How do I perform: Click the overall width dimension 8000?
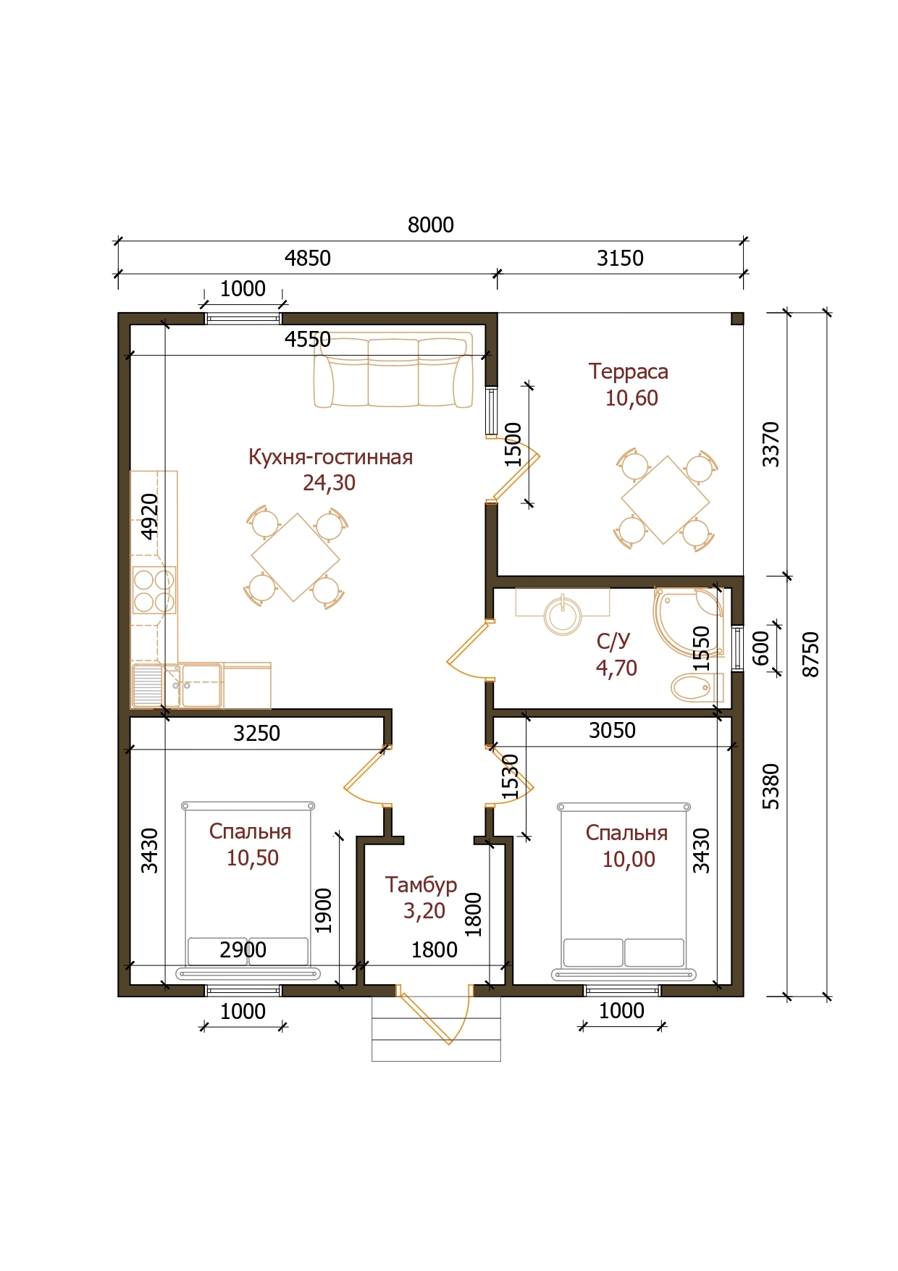coord(431,225)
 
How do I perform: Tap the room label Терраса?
coord(629,372)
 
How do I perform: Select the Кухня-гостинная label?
coord(330,457)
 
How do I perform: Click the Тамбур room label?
coord(421,885)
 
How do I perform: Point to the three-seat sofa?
coord(393,370)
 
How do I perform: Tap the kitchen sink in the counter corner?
coord(176,685)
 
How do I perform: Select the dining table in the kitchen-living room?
coord(295,557)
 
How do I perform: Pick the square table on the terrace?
coord(665,500)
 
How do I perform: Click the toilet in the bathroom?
coord(697,687)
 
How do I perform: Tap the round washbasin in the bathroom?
coord(563,615)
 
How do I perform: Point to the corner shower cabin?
coord(689,622)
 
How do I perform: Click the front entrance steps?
coord(436,1028)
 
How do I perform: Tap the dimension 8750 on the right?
coord(813,655)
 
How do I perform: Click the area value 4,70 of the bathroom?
coord(616,668)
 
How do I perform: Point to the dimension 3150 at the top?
coord(620,258)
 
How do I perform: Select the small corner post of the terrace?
coord(737,319)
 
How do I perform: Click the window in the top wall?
coord(243,318)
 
